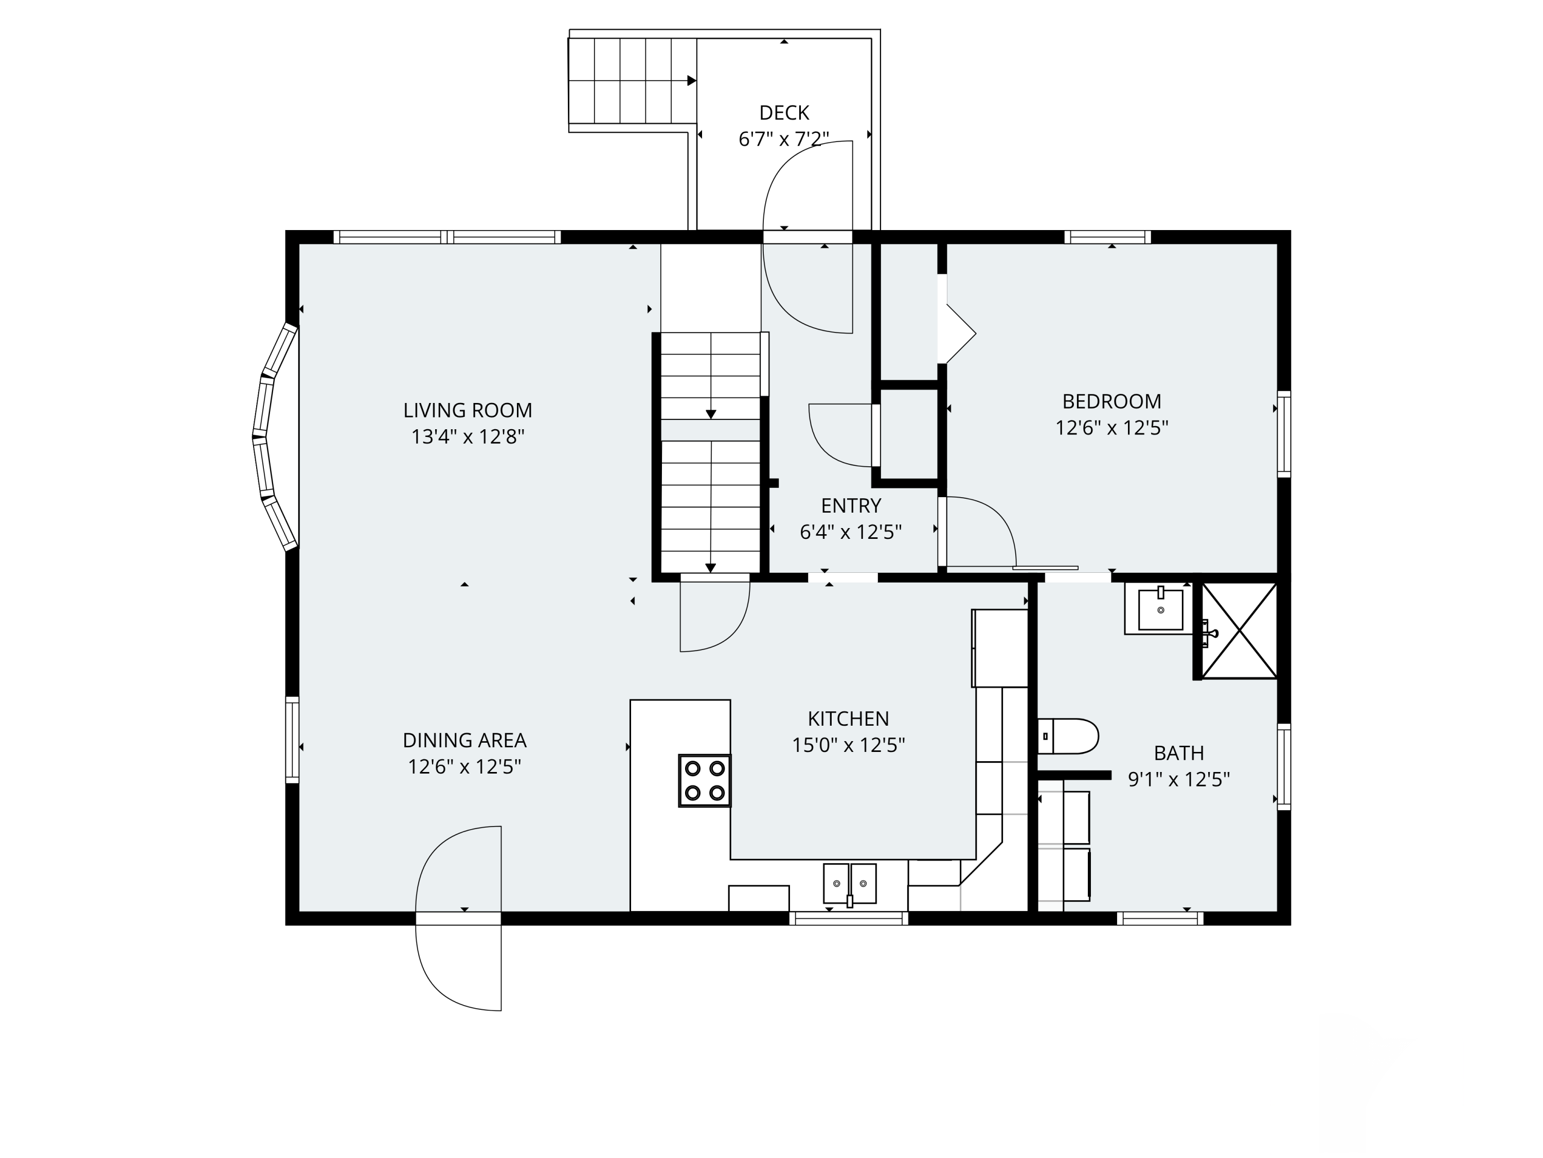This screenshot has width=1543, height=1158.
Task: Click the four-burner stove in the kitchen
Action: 705,780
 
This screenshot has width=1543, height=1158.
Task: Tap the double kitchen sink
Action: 850,884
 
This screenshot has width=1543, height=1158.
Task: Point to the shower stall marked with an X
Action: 1239,630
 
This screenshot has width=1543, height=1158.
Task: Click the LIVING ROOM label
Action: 468,410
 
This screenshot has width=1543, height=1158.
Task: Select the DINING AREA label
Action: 464,740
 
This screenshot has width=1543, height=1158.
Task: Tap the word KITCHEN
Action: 848,718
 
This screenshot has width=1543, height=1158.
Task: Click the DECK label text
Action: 784,112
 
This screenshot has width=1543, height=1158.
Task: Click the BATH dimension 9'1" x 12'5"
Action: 1179,779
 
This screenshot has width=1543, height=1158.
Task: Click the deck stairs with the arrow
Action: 633,81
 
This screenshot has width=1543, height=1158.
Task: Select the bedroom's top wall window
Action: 1108,237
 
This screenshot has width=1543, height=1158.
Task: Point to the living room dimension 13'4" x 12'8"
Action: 468,437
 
